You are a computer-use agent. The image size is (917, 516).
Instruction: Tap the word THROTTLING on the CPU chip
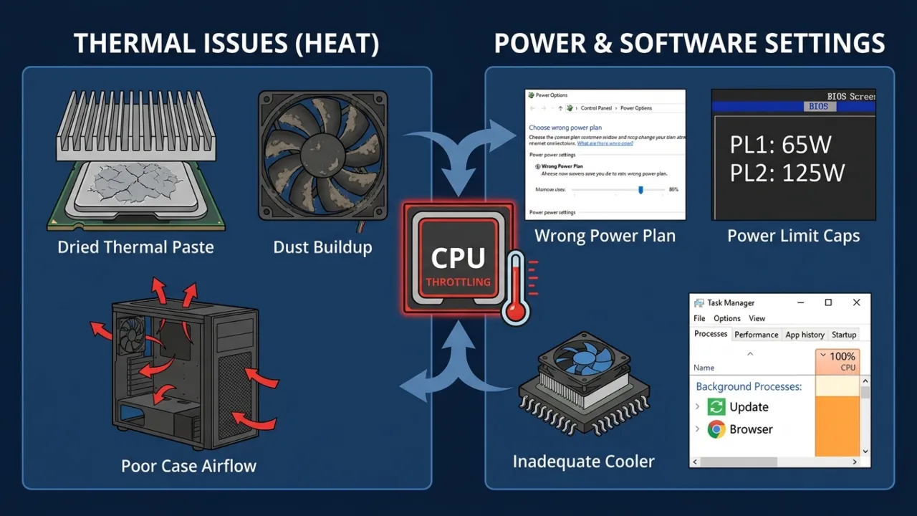[458, 282]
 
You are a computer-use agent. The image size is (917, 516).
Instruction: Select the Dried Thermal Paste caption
[135, 248]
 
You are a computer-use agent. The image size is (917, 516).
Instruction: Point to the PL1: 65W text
[780, 145]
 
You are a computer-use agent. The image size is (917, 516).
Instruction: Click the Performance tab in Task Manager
[756, 335]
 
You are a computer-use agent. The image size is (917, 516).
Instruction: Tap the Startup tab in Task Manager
[844, 335]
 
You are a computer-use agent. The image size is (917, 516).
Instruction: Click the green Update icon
[716, 407]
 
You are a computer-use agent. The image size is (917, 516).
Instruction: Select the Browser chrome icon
[716, 429]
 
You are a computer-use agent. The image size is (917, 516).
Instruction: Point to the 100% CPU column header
[837, 361]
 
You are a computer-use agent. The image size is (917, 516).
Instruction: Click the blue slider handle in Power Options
[640, 189]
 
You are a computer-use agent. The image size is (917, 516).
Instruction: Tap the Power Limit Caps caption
[793, 236]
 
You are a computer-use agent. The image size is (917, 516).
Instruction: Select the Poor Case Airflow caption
[188, 466]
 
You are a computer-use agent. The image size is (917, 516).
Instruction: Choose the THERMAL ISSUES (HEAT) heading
[226, 44]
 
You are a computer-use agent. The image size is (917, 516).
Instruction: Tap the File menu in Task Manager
[699, 318]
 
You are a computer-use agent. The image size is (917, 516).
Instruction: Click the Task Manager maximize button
[828, 303]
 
